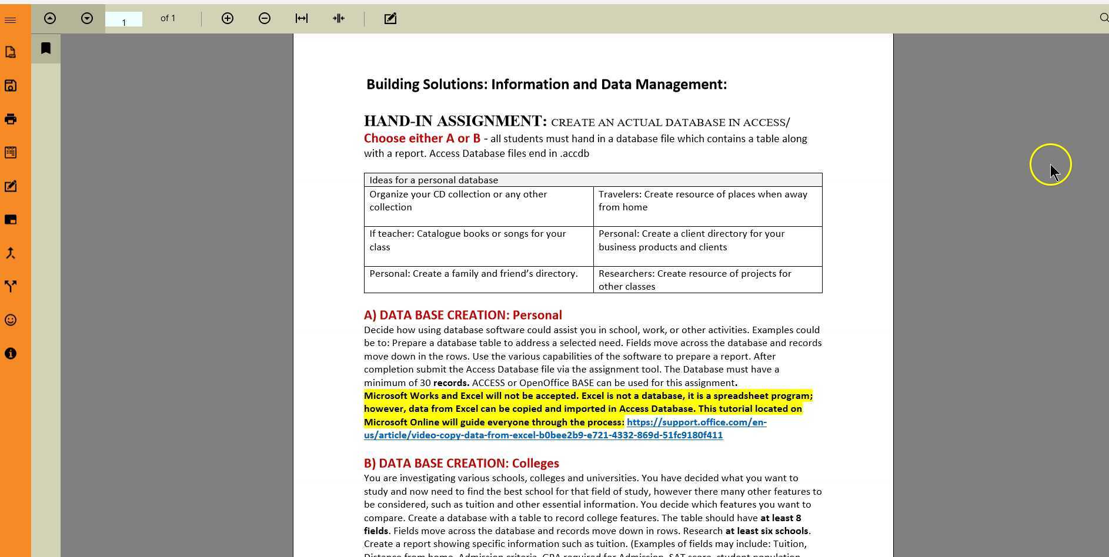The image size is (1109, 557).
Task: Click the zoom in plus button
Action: pyautogui.click(x=228, y=19)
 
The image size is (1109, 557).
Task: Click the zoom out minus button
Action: pyautogui.click(x=265, y=19)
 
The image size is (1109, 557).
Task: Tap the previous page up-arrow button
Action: pyautogui.click(x=50, y=19)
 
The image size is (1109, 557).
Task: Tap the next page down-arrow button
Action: pyautogui.click(x=87, y=19)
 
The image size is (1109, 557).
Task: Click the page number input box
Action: pyautogui.click(x=123, y=20)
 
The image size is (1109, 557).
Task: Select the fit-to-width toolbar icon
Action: pyautogui.click(x=302, y=19)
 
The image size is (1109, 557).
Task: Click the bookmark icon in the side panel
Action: pyautogui.click(x=46, y=48)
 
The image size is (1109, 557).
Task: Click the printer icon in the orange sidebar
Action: pyautogui.click(x=11, y=119)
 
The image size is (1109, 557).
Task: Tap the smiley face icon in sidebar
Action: pyautogui.click(x=11, y=320)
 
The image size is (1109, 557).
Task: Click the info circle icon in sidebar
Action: pyautogui.click(x=11, y=354)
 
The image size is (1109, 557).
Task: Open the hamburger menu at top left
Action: pyautogui.click(x=10, y=21)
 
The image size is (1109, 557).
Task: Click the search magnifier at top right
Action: pyautogui.click(x=1104, y=18)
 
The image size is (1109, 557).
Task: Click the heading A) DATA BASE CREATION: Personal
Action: pyautogui.click(x=463, y=316)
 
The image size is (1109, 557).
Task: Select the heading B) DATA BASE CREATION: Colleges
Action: pyautogui.click(x=461, y=464)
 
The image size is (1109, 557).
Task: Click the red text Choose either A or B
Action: pyautogui.click(x=422, y=139)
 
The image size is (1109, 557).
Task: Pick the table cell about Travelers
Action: pyautogui.click(x=703, y=201)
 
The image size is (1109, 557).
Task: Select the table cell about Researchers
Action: pyautogui.click(x=694, y=280)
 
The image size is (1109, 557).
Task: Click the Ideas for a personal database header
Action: pyautogui.click(x=433, y=180)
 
